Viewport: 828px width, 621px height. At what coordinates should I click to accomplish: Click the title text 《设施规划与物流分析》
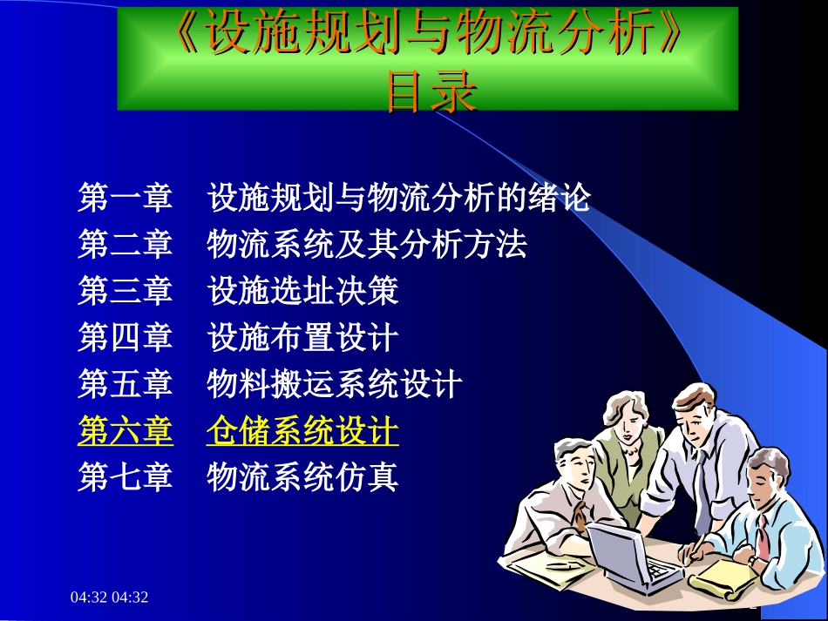pyautogui.click(x=428, y=36)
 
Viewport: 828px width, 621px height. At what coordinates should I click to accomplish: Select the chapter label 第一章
pyautogui.click(x=125, y=199)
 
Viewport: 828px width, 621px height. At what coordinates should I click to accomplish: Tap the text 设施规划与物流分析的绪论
pyautogui.click(x=399, y=199)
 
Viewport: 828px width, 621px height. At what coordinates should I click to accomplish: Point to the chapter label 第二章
pyautogui.click(x=125, y=245)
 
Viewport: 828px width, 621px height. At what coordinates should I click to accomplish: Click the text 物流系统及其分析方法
pyautogui.click(x=367, y=245)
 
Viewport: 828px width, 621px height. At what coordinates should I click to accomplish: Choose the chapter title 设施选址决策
pyautogui.click(x=302, y=291)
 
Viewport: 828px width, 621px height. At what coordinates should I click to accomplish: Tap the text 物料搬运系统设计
pyautogui.click(x=335, y=384)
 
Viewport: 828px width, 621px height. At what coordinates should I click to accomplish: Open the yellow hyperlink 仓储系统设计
pyautogui.click(x=302, y=431)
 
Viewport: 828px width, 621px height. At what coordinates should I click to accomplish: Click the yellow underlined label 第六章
pyautogui.click(x=125, y=431)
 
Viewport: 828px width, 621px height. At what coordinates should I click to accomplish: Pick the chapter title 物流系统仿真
pyautogui.click(x=302, y=477)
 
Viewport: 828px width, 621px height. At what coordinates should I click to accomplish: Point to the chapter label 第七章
pyautogui.click(x=125, y=477)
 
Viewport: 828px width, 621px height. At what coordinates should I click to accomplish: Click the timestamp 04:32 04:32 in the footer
pyautogui.click(x=110, y=597)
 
